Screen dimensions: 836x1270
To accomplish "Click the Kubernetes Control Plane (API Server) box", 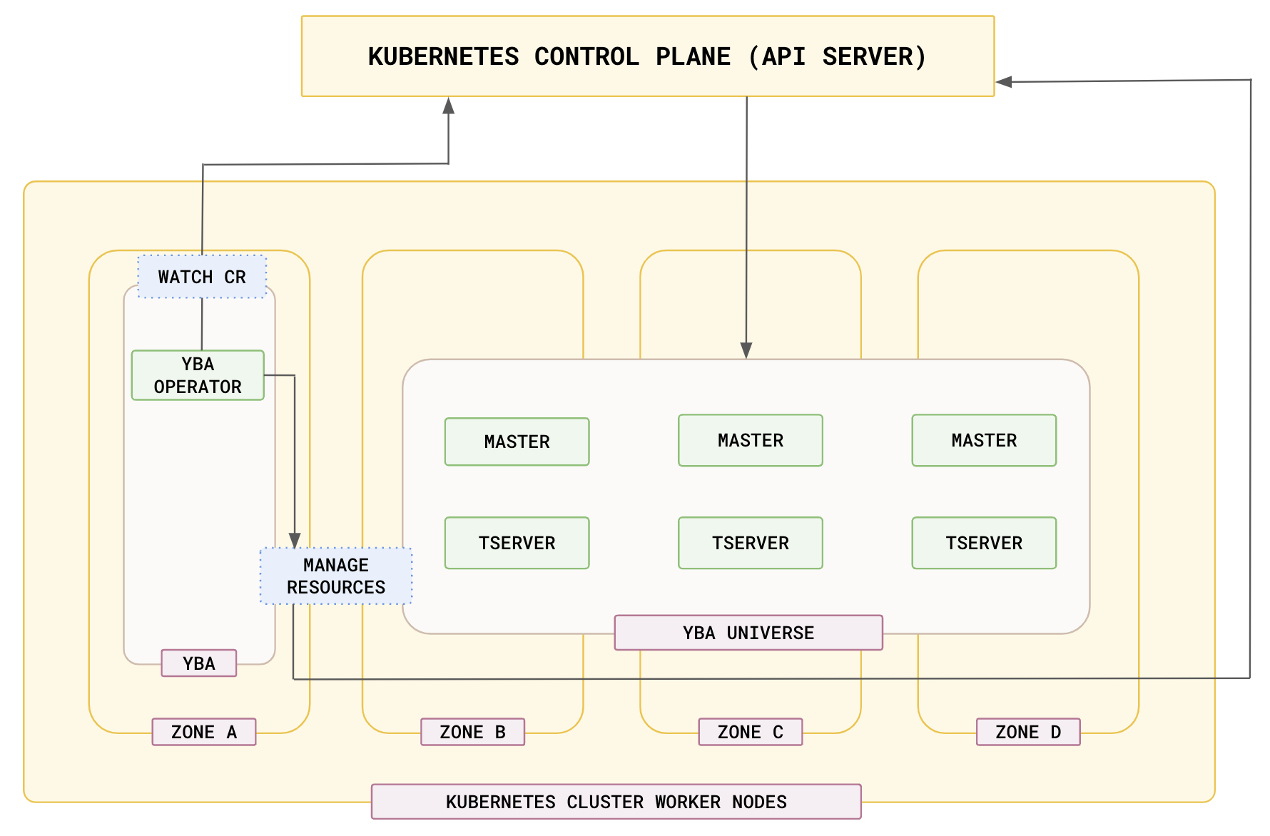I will (647, 56).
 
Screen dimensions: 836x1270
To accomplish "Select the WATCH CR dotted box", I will (202, 277).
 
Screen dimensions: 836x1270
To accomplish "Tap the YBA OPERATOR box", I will (198, 375).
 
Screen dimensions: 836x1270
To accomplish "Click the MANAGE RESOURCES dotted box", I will (336, 576).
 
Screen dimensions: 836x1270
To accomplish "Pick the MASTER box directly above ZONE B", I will (517, 442).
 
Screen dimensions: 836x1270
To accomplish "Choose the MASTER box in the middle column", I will (750, 440).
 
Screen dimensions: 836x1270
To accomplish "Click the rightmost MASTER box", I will (984, 440).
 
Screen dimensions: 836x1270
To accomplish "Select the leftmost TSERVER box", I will (517, 543).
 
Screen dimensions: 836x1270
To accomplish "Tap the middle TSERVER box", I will (750, 543).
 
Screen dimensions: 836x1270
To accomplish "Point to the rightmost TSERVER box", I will (984, 543).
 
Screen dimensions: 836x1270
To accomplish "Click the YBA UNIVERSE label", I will (748, 633).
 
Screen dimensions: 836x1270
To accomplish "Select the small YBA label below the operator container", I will (198, 663).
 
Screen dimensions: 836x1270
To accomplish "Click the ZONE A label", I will (204, 732).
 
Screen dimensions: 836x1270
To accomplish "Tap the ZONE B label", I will (472, 732).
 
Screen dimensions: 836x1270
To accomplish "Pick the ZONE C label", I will (750, 732).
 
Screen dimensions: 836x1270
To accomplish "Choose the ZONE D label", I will (1028, 732).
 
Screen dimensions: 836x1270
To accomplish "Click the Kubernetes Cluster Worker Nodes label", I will (616, 802).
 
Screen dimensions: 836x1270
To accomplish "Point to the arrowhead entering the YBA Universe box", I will (746, 351).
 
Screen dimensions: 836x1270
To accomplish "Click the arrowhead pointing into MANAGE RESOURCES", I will (295, 540).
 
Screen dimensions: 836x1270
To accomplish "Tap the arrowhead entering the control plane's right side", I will (1004, 82).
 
